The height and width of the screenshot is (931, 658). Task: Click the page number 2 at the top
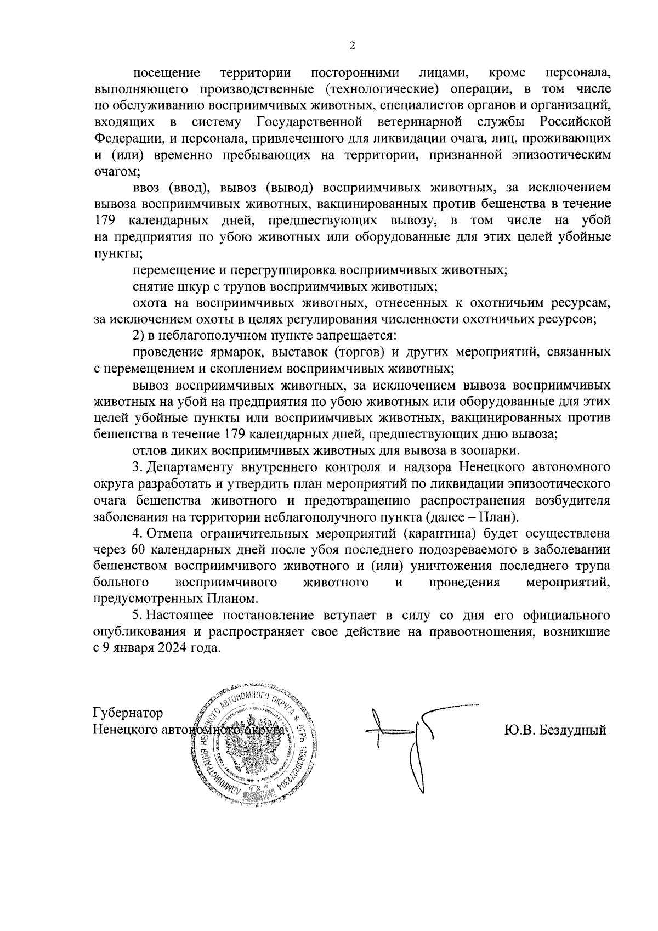353,46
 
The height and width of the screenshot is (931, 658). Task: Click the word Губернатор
128,713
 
